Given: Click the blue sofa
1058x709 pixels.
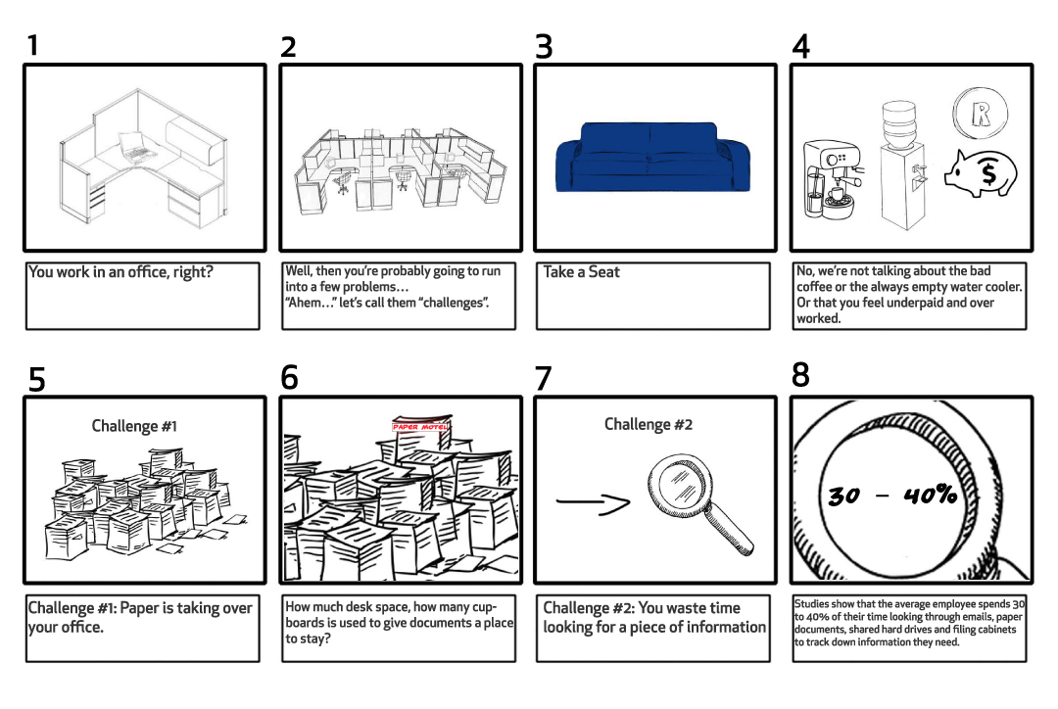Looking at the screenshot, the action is [652, 158].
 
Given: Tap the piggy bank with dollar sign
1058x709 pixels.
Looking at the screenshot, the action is [981, 174].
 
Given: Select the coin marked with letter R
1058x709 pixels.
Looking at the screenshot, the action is [981, 114].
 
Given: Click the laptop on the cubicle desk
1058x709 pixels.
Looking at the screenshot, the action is [137, 147].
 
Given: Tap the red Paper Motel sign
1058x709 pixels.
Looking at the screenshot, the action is [419, 426].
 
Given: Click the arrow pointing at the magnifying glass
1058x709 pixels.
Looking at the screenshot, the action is [593, 502].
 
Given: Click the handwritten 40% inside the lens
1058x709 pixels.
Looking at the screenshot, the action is [931, 496].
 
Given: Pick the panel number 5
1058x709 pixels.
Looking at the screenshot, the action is [36, 379].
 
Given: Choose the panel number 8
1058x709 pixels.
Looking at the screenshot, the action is [800, 375].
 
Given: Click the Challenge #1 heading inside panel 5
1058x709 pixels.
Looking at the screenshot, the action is [134, 426].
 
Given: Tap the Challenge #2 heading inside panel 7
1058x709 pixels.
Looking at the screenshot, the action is [649, 424].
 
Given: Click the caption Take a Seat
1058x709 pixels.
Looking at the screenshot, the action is [582, 272].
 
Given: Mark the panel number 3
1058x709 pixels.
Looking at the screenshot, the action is [544, 47].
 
